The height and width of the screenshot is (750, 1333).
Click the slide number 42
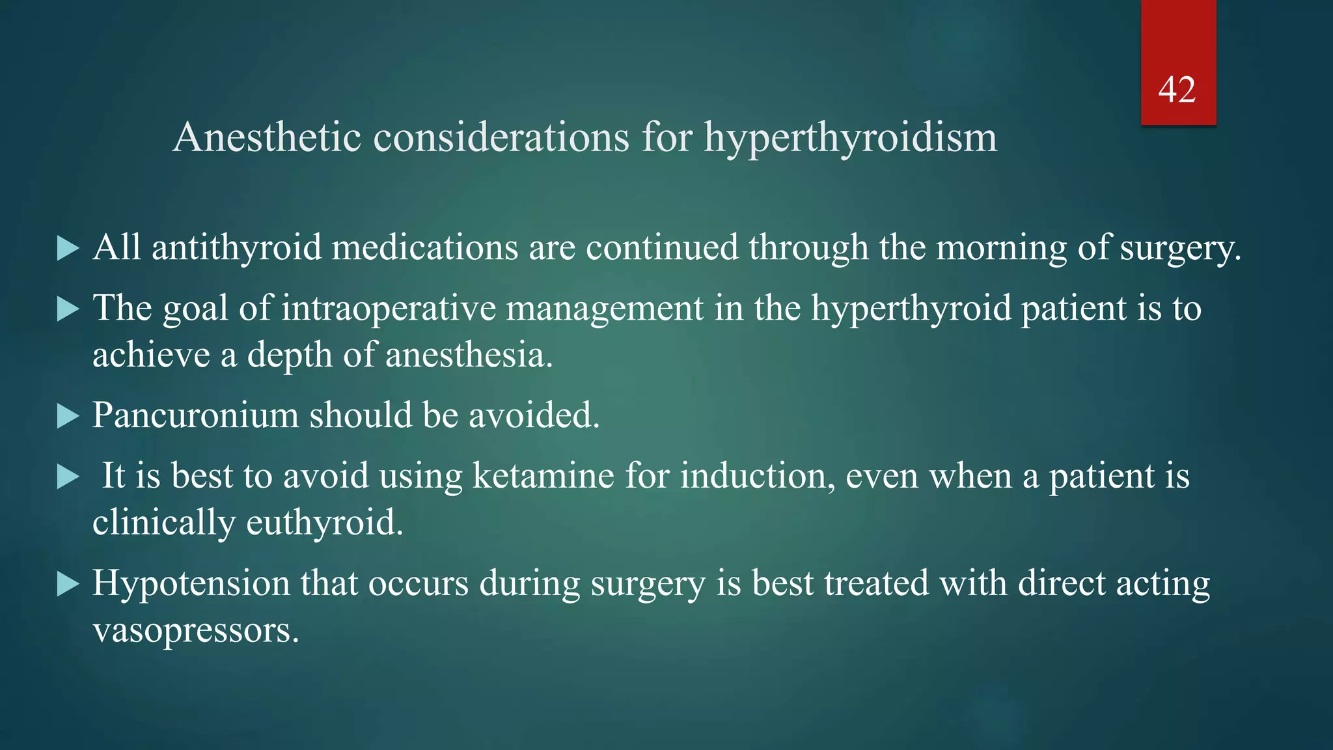pyautogui.click(x=1177, y=90)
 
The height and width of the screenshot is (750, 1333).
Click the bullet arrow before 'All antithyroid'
pyautogui.click(x=67, y=248)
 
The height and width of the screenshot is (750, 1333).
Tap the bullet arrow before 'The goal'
pyautogui.click(x=67, y=309)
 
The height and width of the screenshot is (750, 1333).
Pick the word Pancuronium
pyautogui.click(x=195, y=415)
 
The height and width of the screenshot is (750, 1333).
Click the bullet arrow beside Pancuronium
pyautogui.click(x=67, y=416)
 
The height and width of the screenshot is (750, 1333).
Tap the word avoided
pyautogui.click(x=534, y=415)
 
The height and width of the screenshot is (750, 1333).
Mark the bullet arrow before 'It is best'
pyautogui.click(x=67, y=477)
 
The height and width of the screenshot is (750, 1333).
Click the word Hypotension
pyautogui.click(x=191, y=583)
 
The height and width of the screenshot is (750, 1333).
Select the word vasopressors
pyautogui.click(x=195, y=630)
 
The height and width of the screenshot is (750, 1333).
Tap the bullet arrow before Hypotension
pyautogui.click(x=67, y=584)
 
